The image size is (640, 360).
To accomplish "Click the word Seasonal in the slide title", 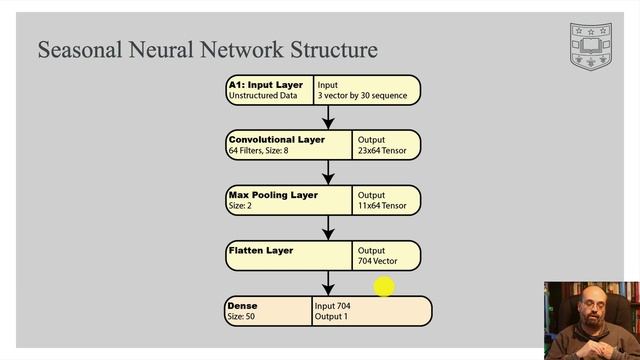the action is tap(80, 50).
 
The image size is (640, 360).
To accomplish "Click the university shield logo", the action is tap(591, 47).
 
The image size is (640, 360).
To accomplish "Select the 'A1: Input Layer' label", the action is tap(266, 85).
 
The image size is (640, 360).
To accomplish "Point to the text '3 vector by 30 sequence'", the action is tap(362, 96).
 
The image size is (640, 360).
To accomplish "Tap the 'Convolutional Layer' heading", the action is tap(277, 140).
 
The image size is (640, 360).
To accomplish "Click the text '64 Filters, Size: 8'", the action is tap(258, 151).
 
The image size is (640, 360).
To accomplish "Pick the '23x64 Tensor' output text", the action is tap(382, 151).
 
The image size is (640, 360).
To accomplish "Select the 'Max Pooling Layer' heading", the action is tap(273, 195).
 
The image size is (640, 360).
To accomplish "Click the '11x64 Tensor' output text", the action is tap(382, 206).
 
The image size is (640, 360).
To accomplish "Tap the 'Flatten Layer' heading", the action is tap(261, 250).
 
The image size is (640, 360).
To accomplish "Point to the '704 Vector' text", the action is tap(378, 261).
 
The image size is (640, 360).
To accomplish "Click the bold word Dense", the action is tap(242, 306).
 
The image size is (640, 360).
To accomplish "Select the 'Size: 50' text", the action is tap(241, 316).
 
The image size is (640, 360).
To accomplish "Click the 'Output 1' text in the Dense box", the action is tap(331, 316).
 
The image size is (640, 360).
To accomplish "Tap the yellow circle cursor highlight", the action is tap(384, 287).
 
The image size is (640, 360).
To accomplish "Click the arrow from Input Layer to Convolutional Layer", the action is tap(328, 118).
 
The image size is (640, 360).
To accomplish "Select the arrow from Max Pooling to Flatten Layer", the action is tap(328, 228).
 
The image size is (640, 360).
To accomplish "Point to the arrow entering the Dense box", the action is tap(328, 283).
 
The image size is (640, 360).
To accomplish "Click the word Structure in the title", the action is tap(334, 50).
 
